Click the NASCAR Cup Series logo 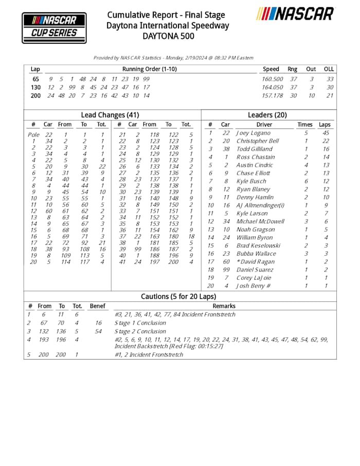coord(54,27)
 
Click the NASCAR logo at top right coord(295,14)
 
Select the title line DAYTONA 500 coord(168,36)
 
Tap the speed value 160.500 coord(272,79)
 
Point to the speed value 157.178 coord(272,96)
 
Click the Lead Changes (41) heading coord(110,115)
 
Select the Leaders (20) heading coord(267,115)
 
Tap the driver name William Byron coord(253,238)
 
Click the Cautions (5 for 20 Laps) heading coord(179,297)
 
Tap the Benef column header coord(97,306)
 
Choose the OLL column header coord(329,69)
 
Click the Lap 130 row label coord(35,87)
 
